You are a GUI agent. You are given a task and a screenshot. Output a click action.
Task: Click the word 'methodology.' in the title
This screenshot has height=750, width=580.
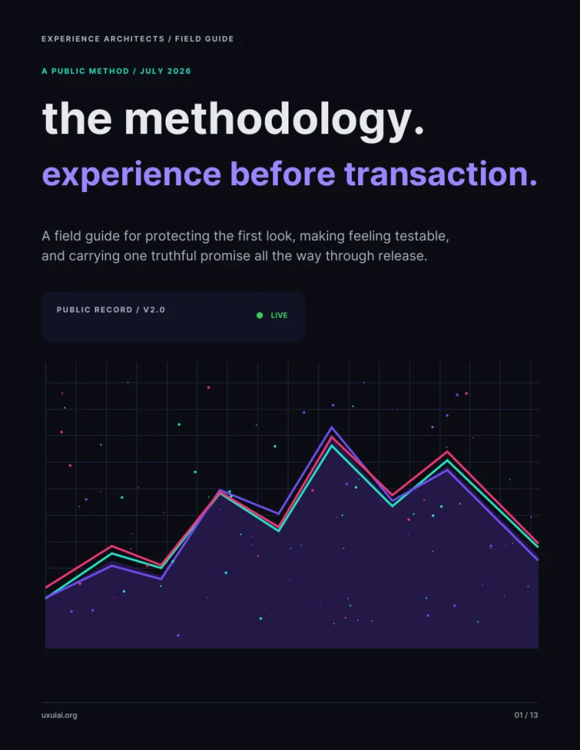(274, 120)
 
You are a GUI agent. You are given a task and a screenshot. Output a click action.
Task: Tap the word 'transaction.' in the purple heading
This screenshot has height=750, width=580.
(440, 173)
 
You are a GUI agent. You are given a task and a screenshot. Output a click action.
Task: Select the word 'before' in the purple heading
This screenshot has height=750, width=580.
(282, 173)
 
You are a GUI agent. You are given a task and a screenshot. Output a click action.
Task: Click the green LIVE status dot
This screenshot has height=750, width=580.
(259, 316)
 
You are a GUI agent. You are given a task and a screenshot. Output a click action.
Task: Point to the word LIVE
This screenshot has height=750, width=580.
(279, 316)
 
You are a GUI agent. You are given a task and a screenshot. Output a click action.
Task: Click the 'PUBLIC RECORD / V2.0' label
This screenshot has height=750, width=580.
(111, 309)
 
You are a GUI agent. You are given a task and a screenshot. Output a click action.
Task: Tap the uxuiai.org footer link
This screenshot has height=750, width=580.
(60, 715)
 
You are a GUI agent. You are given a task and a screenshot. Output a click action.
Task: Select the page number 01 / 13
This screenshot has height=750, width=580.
(526, 715)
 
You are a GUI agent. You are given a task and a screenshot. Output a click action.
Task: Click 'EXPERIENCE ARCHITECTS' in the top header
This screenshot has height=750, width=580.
(102, 39)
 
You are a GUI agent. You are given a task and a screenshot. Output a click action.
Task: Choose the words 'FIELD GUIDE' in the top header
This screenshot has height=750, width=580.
(204, 39)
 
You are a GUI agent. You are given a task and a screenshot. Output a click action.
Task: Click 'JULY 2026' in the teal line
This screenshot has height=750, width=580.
(166, 71)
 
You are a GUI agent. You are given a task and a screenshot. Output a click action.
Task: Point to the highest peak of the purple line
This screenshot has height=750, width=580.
(331, 427)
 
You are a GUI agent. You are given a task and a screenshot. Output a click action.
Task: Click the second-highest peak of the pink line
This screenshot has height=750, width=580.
(447, 451)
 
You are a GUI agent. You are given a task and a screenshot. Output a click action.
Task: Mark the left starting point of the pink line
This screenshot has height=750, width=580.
(46, 587)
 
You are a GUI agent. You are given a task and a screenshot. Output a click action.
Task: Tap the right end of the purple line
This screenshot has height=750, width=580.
(538, 559)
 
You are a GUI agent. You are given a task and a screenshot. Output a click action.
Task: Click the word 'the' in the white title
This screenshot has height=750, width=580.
(77, 120)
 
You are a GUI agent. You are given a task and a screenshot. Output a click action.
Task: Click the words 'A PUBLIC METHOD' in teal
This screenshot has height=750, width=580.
(85, 71)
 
